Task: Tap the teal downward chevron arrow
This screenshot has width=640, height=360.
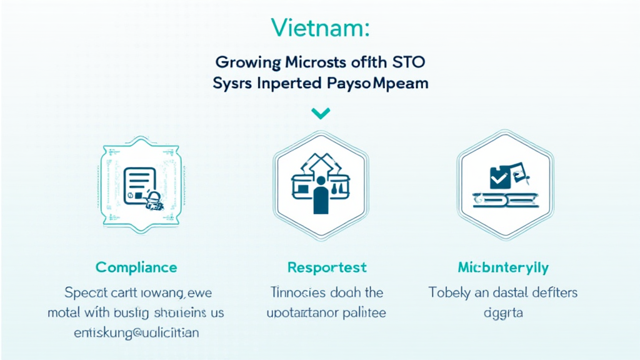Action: point(320,113)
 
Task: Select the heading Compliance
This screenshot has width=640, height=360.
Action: point(136,267)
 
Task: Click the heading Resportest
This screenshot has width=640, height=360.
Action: point(327,267)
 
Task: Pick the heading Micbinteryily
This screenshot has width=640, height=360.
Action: point(503,267)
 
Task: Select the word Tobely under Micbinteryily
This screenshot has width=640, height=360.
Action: point(449,292)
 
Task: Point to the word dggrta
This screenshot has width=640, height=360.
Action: point(502,312)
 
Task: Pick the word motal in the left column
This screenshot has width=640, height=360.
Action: point(64,312)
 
